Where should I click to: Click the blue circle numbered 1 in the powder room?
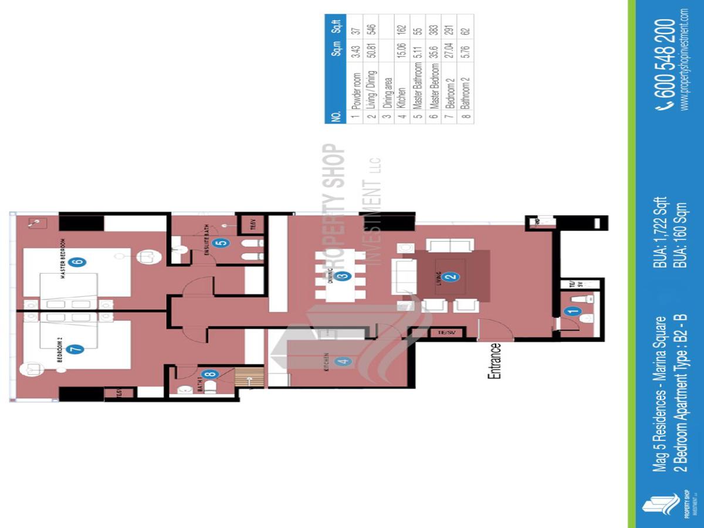point(573,313)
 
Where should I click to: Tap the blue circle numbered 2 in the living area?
point(450,277)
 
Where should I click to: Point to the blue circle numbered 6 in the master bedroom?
point(76,262)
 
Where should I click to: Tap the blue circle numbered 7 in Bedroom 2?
point(76,349)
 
